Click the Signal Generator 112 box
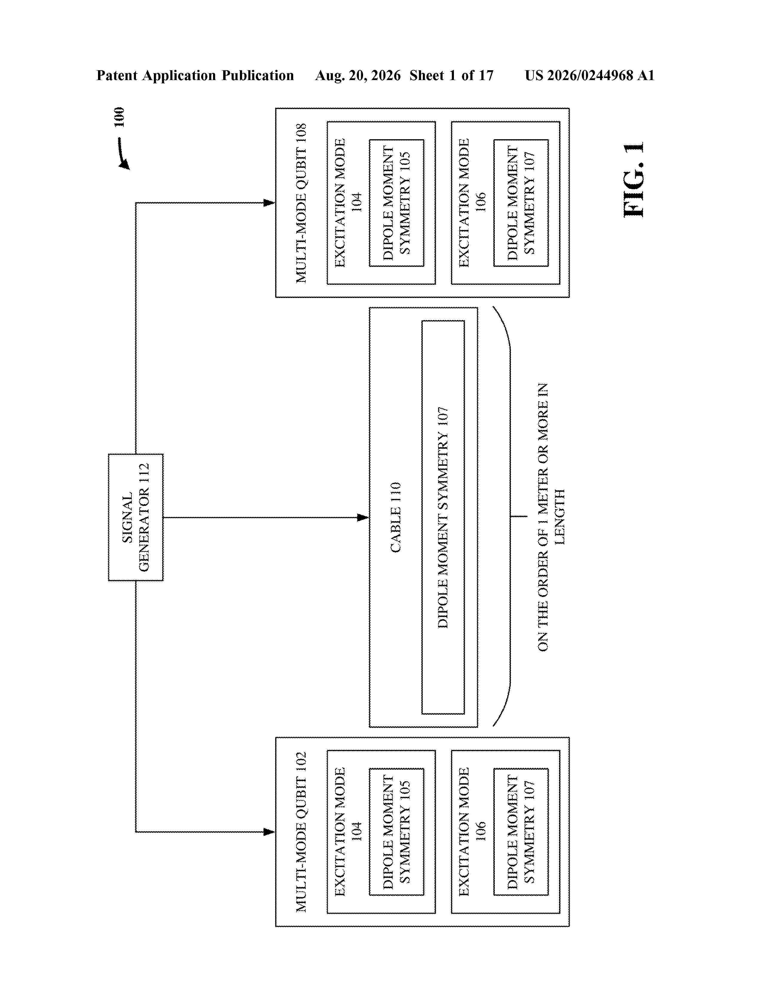pyautogui.click(x=135, y=517)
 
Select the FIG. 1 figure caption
pyautogui.click(x=634, y=180)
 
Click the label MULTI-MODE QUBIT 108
pyautogui.click(x=301, y=203)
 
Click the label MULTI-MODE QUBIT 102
pyautogui.click(x=301, y=832)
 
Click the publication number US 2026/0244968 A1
pyautogui.click(x=590, y=75)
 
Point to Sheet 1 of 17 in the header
pyautogui.click(x=452, y=75)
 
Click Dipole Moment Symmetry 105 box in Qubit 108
pyautogui.click(x=396, y=203)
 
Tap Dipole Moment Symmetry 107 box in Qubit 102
pyautogui.click(x=521, y=832)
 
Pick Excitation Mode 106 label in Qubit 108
pyautogui.click(x=472, y=203)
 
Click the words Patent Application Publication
pyautogui.click(x=195, y=75)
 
